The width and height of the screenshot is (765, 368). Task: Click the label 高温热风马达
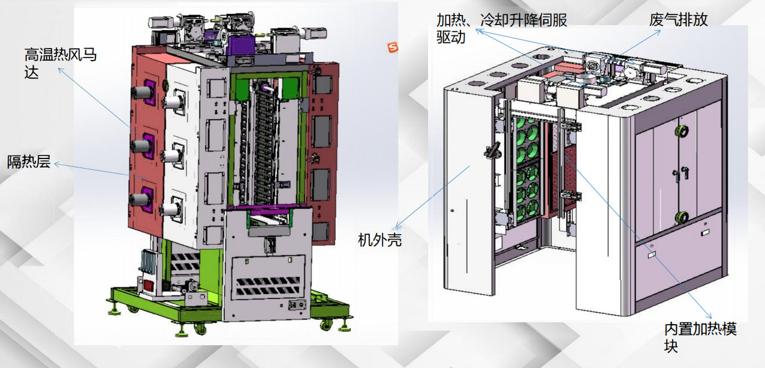(x=61, y=63)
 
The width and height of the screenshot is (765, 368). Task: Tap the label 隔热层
(x=29, y=161)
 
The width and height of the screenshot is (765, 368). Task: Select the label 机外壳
(x=380, y=240)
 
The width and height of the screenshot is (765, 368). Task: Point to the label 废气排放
(x=679, y=19)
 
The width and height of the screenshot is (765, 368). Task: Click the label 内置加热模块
(x=700, y=337)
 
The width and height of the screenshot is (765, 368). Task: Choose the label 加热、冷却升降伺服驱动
(x=502, y=28)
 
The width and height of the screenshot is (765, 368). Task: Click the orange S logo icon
(x=393, y=47)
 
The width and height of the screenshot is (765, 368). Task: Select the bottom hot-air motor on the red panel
(x=141, y=199)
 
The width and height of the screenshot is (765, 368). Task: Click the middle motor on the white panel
(x=172, y=155)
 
